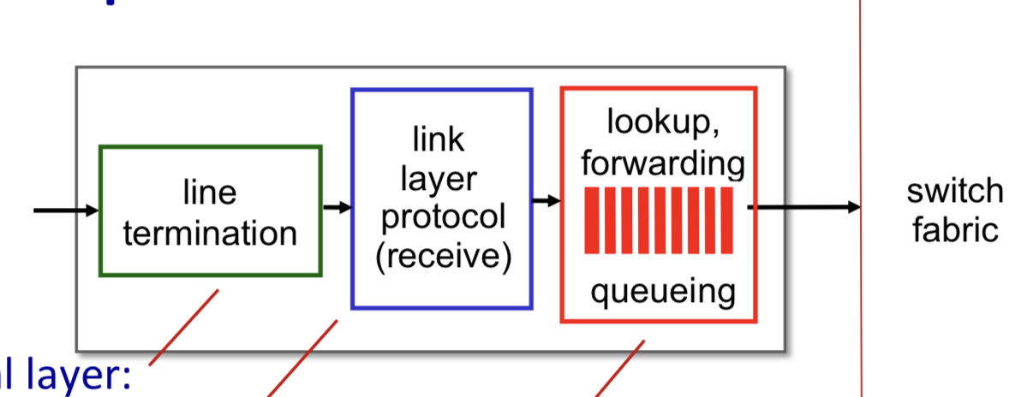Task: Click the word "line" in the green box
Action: pyautogui.click(x=210, y=192)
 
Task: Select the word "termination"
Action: pyautogui.click(x=210, y=232)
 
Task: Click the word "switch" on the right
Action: pyautogui.click(x=954, y=191)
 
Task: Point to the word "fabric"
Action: pyautogui.click(x=954, y=229)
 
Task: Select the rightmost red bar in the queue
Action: pyautogui.click(x=727, y=221)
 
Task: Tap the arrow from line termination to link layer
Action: pyautogui.click(x=337, y=207)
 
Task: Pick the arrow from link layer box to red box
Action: pyautogui.click(x=546, y=202)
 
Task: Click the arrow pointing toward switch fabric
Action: pyautogui.click(x=805, y=207)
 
